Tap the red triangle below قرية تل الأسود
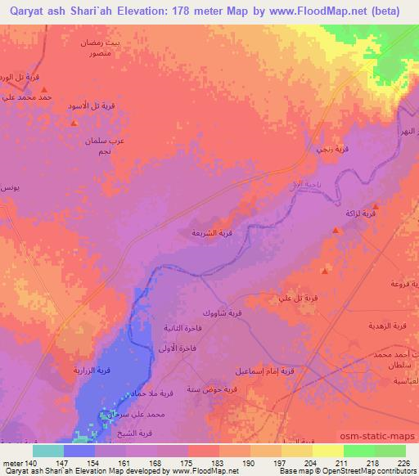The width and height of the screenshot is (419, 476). coord(74,123)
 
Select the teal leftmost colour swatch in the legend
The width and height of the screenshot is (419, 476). coord(47,451)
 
